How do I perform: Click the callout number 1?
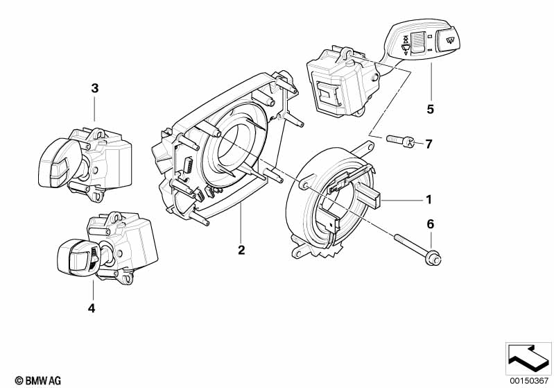pos(429,200)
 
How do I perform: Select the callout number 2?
pos(241,250)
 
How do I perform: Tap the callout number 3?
pos(95,88)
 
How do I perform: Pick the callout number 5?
pos(430,109)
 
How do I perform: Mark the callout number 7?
pos(429,144)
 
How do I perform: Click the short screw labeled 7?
pos(398,142)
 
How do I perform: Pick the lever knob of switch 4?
pos(73,259)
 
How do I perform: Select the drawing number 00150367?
pos(528,380)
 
